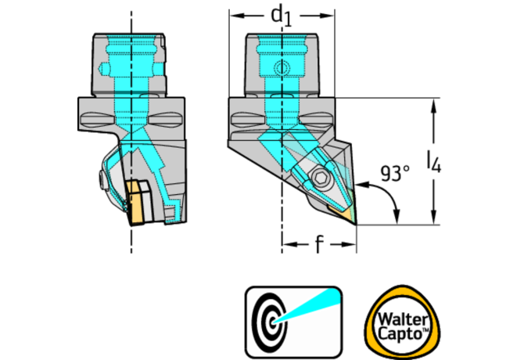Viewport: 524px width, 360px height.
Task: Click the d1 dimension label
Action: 281,15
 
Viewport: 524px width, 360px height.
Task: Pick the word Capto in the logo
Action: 397,332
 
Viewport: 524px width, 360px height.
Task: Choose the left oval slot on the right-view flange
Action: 247,119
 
